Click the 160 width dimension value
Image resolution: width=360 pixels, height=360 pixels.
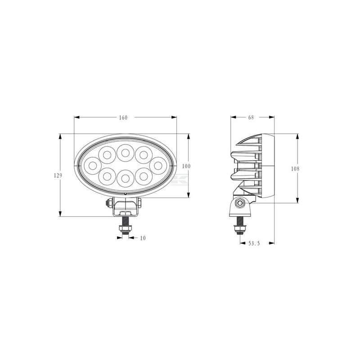[123, 117]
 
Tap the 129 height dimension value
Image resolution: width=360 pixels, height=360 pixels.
[58, 175]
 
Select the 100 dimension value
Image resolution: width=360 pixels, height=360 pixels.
[186, 166]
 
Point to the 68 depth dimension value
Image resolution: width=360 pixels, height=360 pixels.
[251, 117]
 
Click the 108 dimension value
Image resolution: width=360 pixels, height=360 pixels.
[295, 169]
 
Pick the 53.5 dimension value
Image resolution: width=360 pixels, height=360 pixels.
[254, 243]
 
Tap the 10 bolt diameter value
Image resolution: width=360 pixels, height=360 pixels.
[143, 238]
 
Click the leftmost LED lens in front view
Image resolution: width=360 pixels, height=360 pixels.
[93, 166]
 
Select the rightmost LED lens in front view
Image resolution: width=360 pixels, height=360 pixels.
[158, 166]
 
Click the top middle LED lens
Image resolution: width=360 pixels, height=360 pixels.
[126, 153]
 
